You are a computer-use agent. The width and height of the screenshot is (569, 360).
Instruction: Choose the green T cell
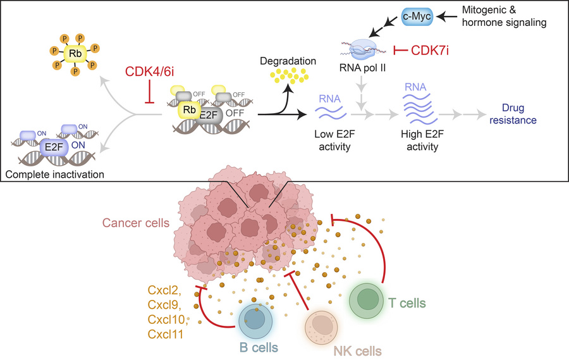pos(366,297)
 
